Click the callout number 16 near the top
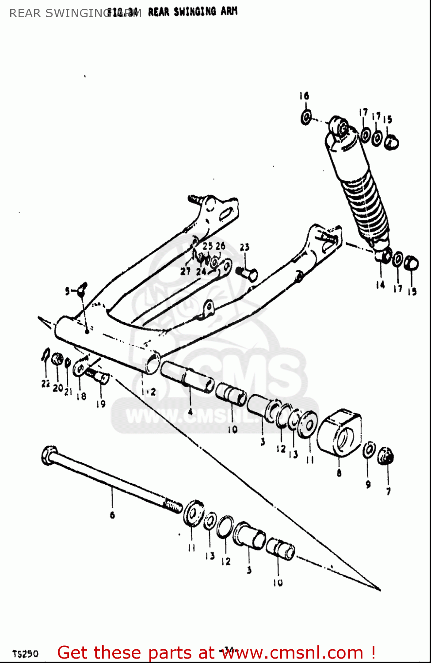[304, 96]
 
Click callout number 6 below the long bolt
[112, 515]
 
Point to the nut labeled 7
[385, 456]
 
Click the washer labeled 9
[369, 451]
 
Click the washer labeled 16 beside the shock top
[306, 118]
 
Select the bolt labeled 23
[248, 274]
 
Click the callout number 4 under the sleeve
[190, 412]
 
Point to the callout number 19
[101, 404]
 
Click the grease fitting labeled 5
[81, 290]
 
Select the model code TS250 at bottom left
[25, 654]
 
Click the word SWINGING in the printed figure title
[195, 12]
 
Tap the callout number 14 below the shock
[380, 285]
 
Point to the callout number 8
[339, 473]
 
